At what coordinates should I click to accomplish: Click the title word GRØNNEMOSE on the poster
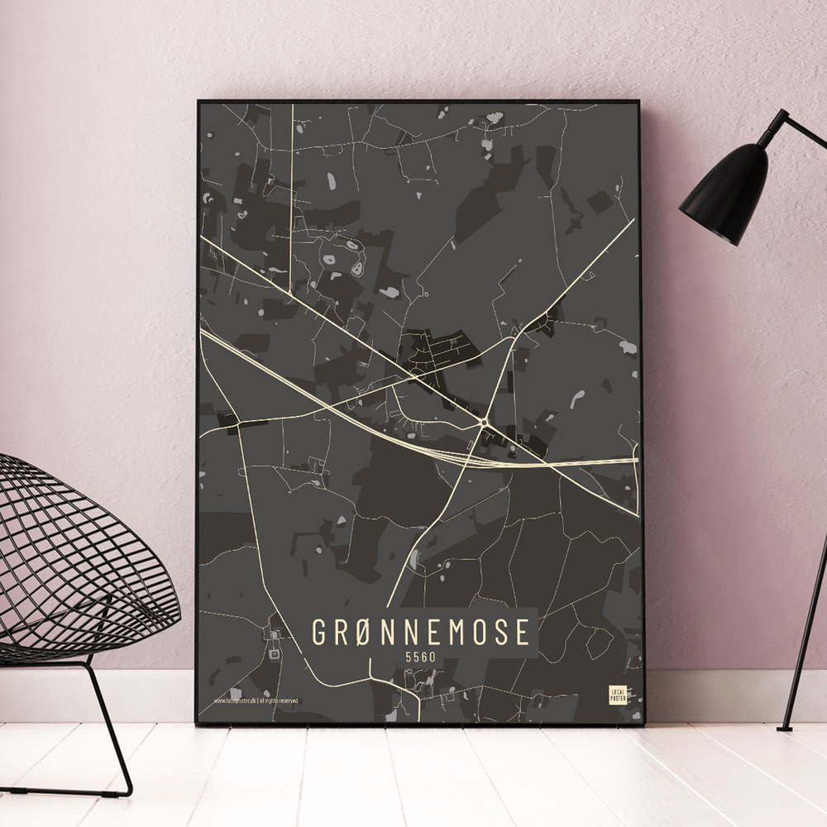click(420, 633)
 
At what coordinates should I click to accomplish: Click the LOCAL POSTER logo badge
click(617, 694)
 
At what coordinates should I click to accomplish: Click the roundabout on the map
click(483, 423)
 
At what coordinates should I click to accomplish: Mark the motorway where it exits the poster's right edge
click(633, 460)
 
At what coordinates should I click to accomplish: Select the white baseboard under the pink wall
click(728, 695)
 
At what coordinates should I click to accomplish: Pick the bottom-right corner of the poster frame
click(642, 724)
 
